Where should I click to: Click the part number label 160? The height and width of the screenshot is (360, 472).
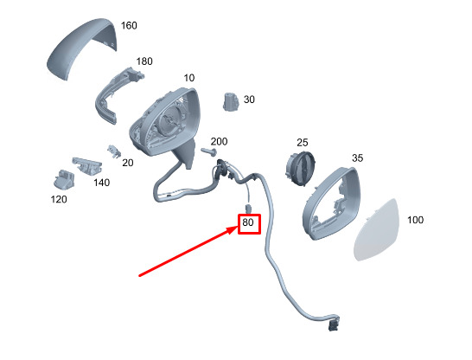click(x=129, y=26)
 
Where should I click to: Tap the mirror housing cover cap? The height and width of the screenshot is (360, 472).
click(x=81, y=48)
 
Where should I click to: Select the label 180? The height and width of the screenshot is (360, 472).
click(x=144, y=61)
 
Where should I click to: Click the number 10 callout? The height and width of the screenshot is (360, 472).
click(x=189, y=78)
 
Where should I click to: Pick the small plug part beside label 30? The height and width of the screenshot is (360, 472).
click(x=231, y=101)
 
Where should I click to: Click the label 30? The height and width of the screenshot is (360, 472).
click(x=249, y=100)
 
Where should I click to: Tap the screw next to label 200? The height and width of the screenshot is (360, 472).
click(x=208, y=151)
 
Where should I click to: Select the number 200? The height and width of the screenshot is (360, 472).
click(x=220, y=142)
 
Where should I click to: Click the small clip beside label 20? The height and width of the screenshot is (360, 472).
click(x=114, y=151)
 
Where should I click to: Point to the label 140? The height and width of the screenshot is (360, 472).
click(x=102, y=183)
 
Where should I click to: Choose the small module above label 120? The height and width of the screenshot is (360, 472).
click(x=63, y=180)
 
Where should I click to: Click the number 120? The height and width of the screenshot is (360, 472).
click(x=59, y=199)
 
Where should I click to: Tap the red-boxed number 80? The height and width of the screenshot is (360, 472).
click(x=248, y=222)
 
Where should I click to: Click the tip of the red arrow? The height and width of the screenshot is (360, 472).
click(x=238, y=228)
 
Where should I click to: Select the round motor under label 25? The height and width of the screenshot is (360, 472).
click(x=300, y=168)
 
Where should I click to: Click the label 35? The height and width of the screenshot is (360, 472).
click(x=358, y=158)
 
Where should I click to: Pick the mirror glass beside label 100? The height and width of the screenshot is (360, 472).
click(x=376, y=229)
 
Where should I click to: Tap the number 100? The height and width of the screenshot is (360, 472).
click(x=416, y=220)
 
